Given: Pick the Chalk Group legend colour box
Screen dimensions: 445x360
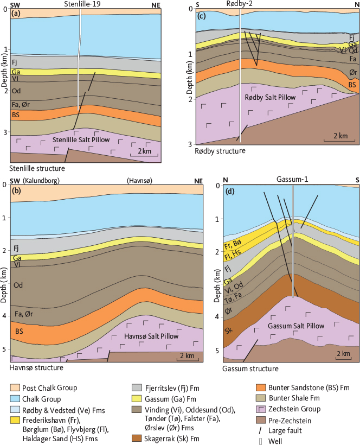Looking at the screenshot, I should (16, 398).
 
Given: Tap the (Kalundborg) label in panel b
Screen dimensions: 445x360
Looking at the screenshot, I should (41, 180).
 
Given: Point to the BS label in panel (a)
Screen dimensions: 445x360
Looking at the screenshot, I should (16, 115).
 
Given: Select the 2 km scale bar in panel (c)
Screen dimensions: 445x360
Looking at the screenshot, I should (332, 137).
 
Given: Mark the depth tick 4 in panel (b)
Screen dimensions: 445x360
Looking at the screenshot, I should (5, 315).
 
